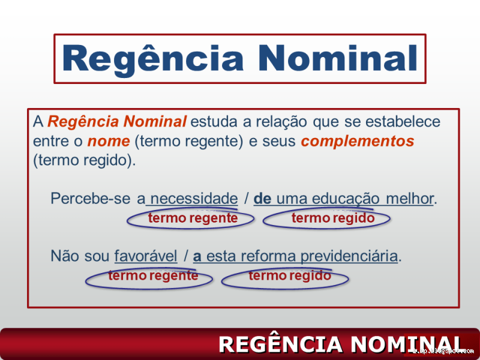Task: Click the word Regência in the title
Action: tap(153, 59)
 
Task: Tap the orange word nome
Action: tap(109, 141)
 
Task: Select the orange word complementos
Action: tap(358, 141)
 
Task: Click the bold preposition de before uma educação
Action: tap(262, 199)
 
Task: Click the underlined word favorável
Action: tap(146, 256)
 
